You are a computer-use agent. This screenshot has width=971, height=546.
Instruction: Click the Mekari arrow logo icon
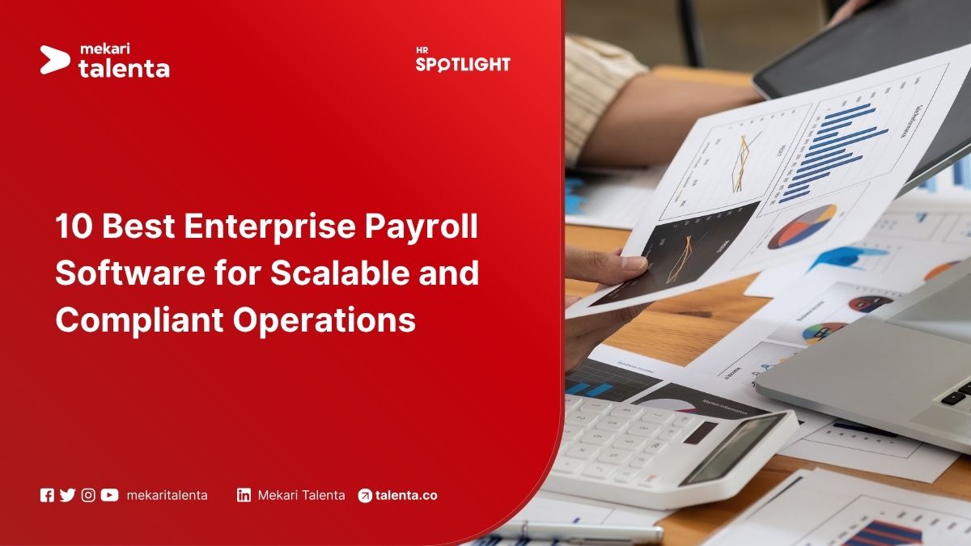coord(55,60)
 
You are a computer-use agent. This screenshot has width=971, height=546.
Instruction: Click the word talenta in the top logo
coord(124,69)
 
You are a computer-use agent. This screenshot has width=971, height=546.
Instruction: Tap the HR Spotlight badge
coord(463,61)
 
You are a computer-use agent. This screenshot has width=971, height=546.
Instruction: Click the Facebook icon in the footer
coord(47,495)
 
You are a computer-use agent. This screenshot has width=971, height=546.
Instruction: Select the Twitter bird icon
coord(67,495)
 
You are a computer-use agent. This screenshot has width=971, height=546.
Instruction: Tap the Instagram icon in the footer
coord(88,495)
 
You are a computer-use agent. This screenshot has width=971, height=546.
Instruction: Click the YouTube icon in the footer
coord(109,495)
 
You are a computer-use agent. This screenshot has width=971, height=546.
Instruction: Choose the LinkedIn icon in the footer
coord(244,495)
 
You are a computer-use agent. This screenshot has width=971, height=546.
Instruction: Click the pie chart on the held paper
coord(801,226)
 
